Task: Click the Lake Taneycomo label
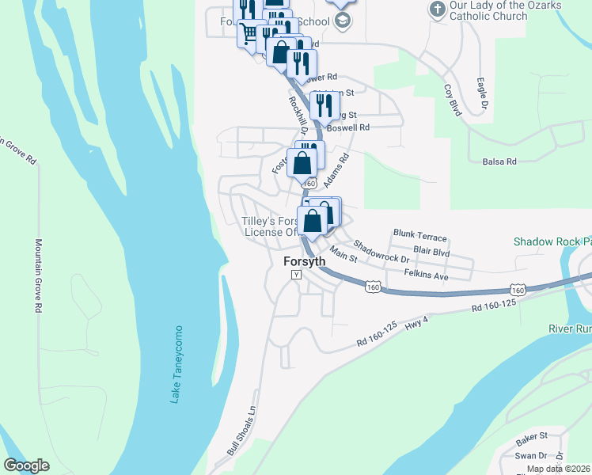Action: point(176,364)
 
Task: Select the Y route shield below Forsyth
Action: point(297,275)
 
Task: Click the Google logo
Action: point(26,465)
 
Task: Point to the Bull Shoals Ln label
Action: point(242,431)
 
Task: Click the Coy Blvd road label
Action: point(453,101)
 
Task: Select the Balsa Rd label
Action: point(499,161)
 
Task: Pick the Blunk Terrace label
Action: point(419,237)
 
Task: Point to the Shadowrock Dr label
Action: point(381,253)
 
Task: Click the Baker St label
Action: point(532,436)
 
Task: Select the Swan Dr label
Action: point(531,456)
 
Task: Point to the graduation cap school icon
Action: point(342,21)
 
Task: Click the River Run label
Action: point(570,329)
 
